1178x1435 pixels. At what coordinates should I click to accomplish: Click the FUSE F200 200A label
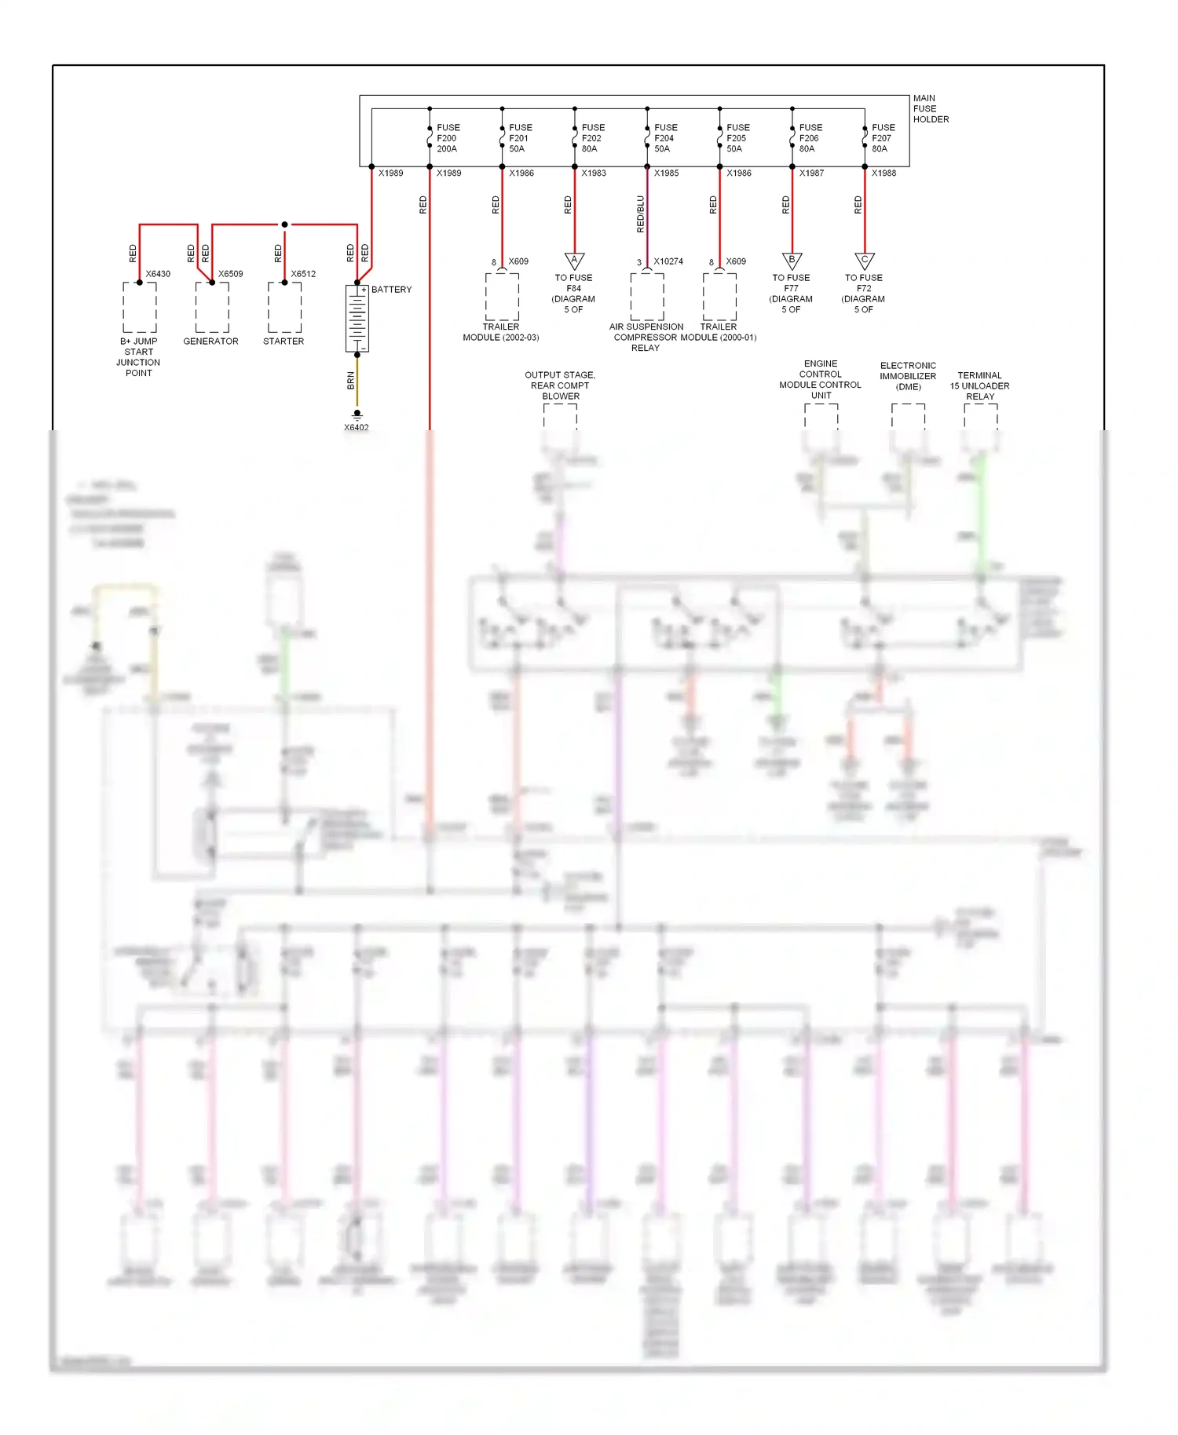[448, 138]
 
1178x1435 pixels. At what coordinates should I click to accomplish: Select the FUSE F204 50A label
[665, 138]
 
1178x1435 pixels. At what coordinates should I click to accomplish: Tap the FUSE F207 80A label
[883, 138]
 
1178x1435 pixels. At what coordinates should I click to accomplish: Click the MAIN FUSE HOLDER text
[930, 109]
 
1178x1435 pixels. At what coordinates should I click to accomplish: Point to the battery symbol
[357, 318]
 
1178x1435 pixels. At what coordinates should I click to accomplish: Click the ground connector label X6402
[356, 428]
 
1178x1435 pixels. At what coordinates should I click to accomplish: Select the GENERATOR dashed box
[212, 307]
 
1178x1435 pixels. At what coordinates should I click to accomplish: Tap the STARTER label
[284, 341]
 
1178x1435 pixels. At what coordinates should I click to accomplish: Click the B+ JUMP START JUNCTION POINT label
[138, 357]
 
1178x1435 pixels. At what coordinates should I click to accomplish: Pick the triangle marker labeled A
[574, 260]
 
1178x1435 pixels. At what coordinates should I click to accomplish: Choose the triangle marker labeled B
[792, 260]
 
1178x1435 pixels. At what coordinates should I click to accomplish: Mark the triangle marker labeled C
[864, 260]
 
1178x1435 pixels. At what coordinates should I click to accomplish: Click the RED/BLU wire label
[640, 214]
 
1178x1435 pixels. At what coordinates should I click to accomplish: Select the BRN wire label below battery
[350, 381]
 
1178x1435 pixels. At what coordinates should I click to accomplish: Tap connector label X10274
[668, 261]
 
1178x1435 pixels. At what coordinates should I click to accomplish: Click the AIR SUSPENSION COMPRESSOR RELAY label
[646, 338]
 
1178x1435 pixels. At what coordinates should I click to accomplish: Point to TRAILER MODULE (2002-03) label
[500, 332]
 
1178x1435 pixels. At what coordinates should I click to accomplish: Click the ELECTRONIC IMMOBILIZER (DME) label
[908, 376]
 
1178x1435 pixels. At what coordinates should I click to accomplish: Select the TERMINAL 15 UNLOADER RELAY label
[979, 385]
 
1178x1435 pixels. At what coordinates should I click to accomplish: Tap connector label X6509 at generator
[230, 274]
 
